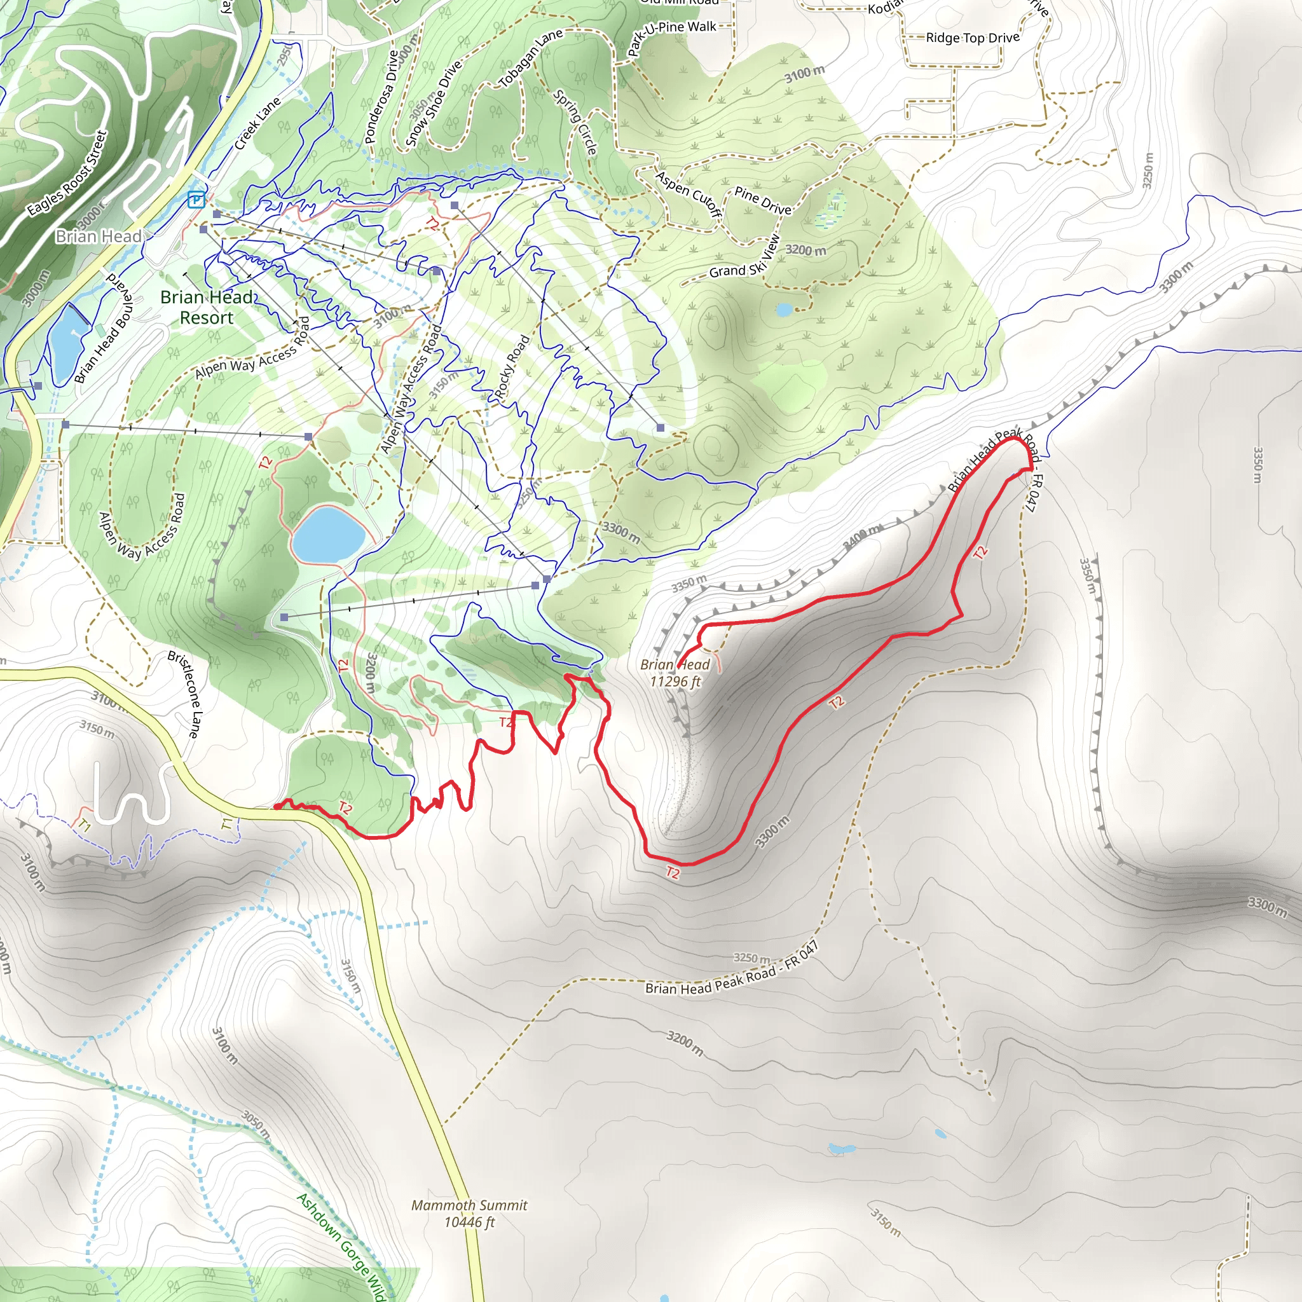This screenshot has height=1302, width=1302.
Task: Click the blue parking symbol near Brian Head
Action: [196, 200]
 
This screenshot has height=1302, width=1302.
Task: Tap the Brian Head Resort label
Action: [207, 307]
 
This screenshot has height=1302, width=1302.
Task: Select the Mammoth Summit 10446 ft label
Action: [469, 1213]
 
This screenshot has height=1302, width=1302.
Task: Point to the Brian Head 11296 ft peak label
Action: [675, 673]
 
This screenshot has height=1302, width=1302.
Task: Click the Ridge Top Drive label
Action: [972, 38]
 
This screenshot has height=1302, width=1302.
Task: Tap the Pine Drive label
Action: [762, 201]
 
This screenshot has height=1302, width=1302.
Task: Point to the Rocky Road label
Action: [512, 367]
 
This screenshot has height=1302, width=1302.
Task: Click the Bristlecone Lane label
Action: [182, 694]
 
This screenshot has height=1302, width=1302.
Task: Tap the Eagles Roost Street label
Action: [67, 173]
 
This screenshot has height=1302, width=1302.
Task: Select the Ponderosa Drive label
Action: [381, 97]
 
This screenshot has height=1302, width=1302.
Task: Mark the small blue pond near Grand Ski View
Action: [784, 310]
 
